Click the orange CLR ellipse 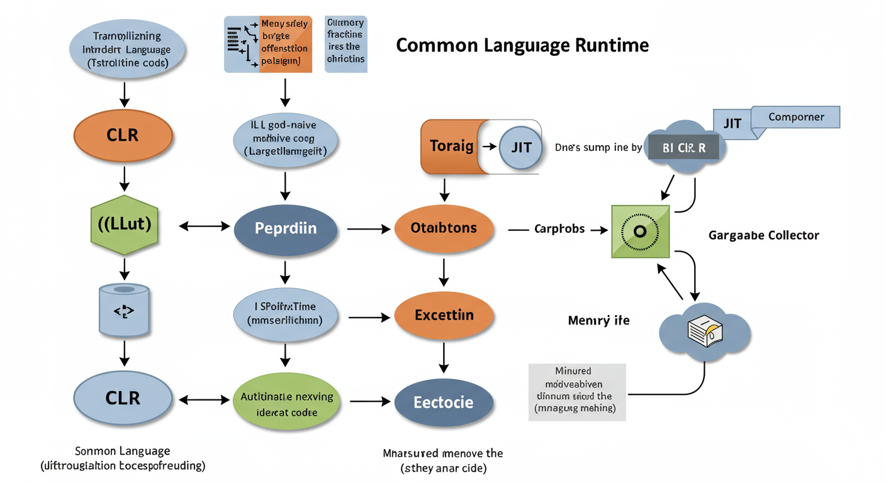(x=123, y=135)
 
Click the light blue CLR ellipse (x=123, y=398)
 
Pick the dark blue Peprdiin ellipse (x=286, y=228)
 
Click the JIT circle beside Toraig (x=520, y=148)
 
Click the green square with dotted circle (x=641, y=231)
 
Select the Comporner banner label (x=796, y=117)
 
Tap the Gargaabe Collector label (x=763, y=235)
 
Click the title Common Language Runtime (x=522, y=45)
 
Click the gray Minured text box (x=576, y=391)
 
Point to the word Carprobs (x=559, y=229)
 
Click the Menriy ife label (x=598, y=321)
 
